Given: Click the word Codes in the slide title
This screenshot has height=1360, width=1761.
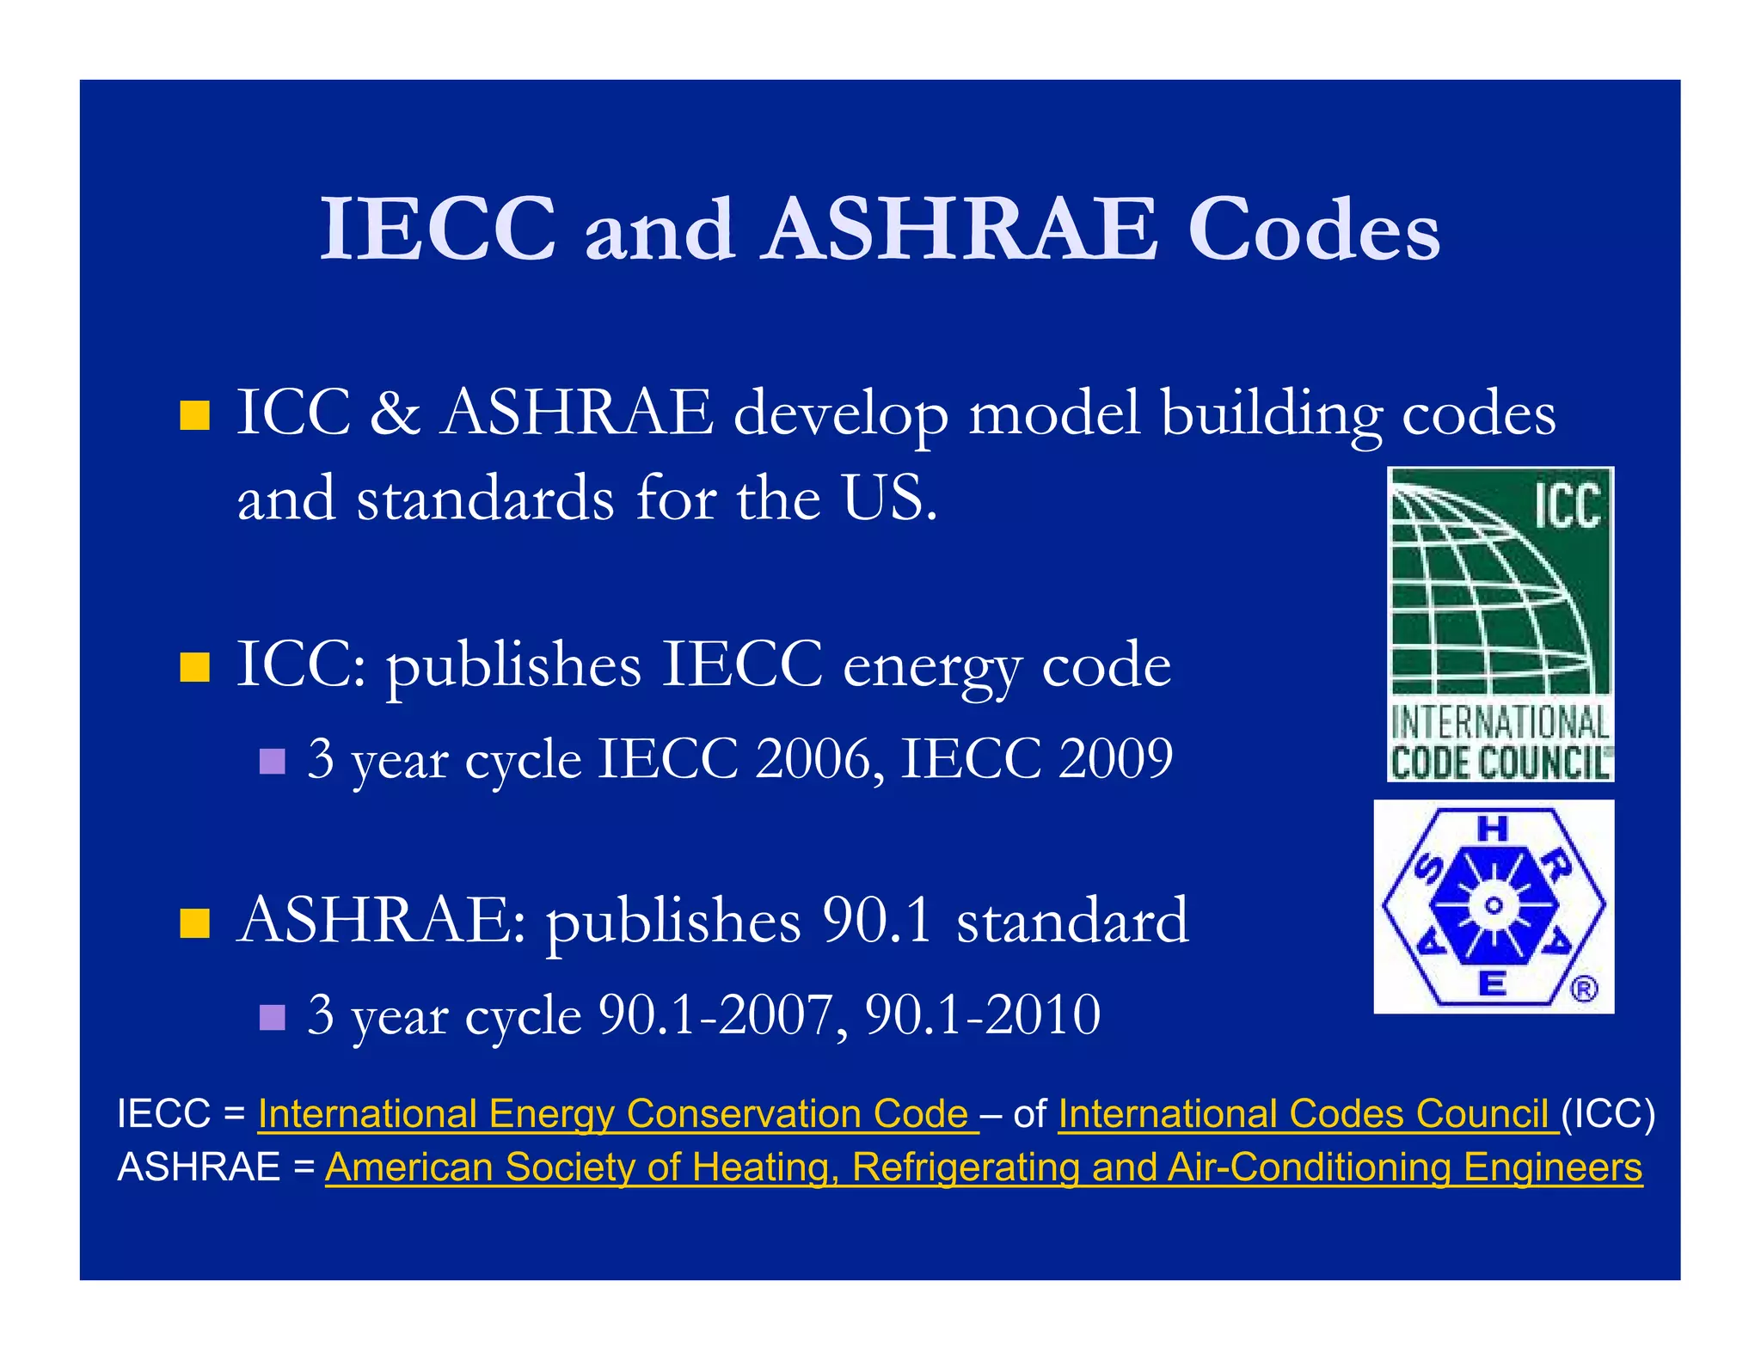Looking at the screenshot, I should click(1313, 230).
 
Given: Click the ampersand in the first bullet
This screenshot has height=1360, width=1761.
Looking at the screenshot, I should click(395, 414).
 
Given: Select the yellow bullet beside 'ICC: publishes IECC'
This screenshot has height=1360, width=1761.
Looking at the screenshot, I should click(195, 667).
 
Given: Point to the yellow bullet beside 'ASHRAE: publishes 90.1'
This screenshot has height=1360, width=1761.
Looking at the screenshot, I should click(195, 922).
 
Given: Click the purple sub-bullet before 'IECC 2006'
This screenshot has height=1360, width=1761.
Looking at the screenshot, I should click(272, 761).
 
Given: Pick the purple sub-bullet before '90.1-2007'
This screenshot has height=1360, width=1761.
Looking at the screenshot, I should click(272, 1017).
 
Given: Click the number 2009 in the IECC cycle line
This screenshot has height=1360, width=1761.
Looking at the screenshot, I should click(1115, 759).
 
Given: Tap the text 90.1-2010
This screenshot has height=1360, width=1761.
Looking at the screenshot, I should click(982, 1015).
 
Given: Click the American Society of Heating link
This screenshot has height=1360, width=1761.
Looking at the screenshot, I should click(983, 1167).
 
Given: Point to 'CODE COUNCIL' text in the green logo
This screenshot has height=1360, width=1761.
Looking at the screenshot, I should click(1500, 763).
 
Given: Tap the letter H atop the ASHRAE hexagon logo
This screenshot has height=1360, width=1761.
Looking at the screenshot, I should click(1493, 830).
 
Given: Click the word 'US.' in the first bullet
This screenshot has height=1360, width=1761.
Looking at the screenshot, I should click(889, 499).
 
